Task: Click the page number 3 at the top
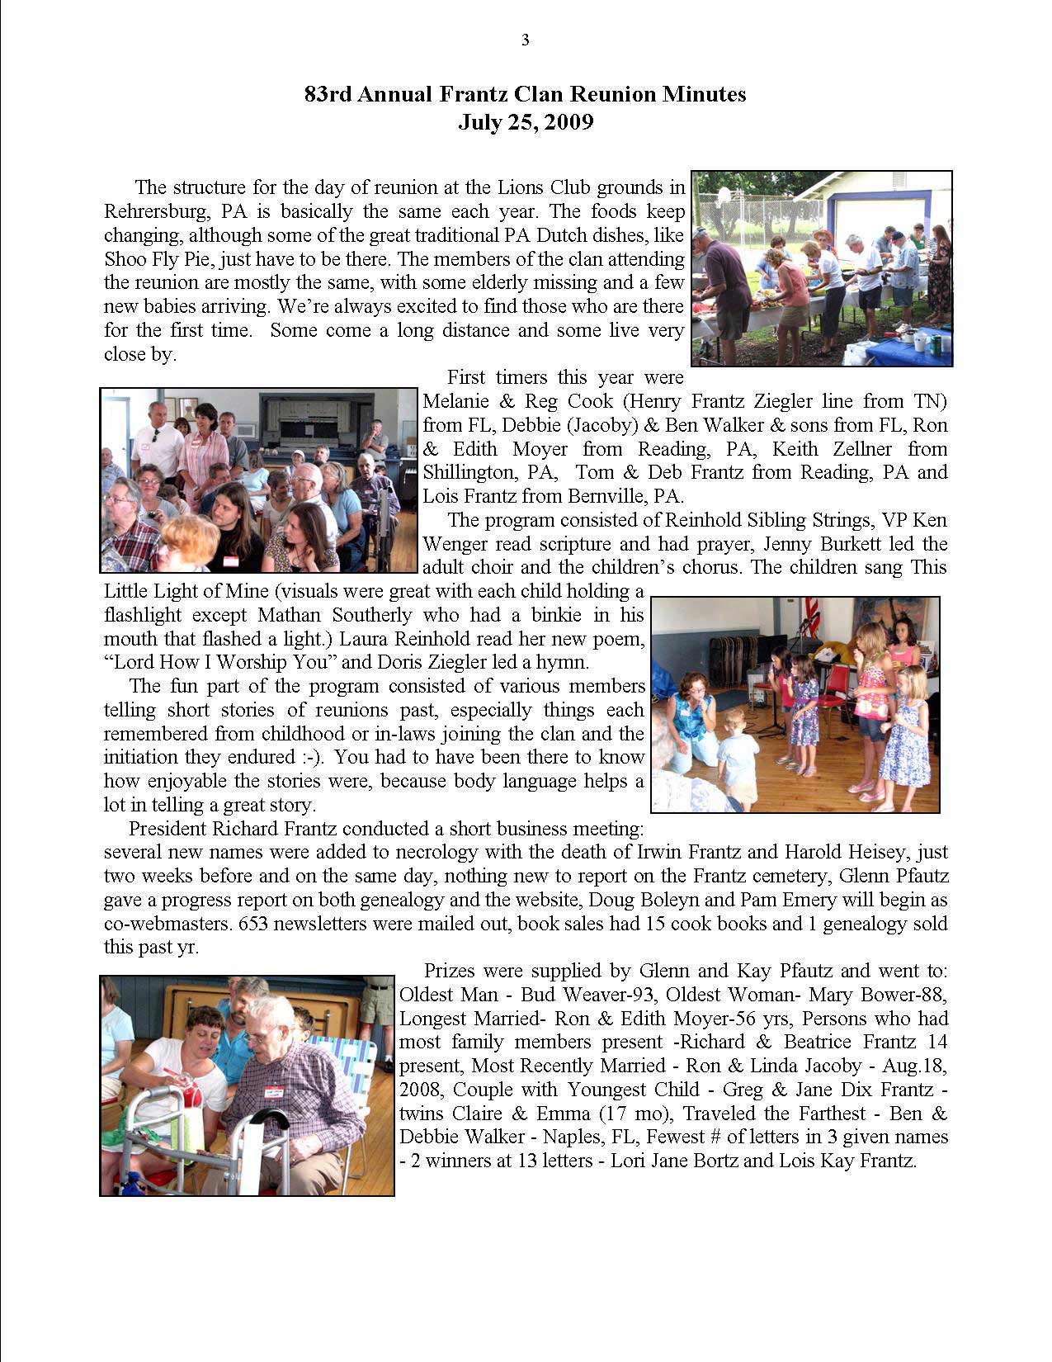525,40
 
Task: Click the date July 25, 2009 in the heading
526,122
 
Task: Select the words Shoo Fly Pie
155,259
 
